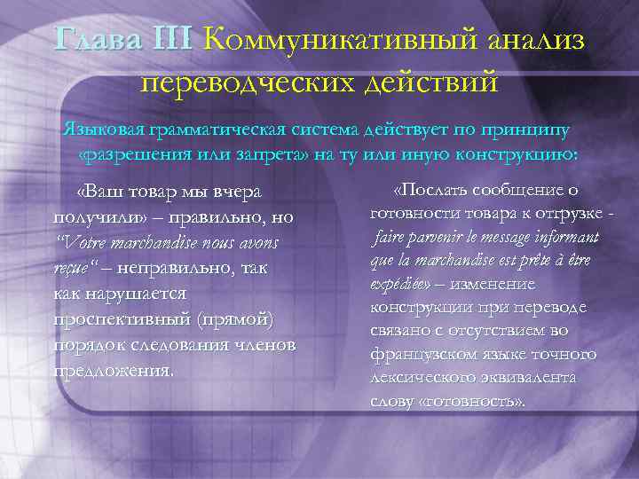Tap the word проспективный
tap(112, 318)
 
